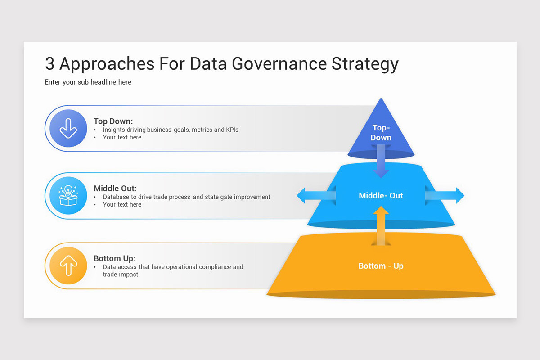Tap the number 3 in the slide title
[49, 64]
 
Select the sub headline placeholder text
[88, 82]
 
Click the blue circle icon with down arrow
[68, 128]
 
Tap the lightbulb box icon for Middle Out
[68, 196]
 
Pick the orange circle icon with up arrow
[68, 266]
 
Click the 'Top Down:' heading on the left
[113, 121]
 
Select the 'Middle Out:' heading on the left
[115, 189]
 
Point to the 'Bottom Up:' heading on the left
[114, 258]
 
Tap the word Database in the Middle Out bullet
[117, 197]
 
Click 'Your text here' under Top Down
[122, 137]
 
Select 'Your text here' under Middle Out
[122, 204]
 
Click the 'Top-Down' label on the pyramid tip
[381, 133]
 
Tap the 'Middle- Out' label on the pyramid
[381, 196]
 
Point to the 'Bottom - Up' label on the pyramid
[381, 266]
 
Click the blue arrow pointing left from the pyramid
[315, 196]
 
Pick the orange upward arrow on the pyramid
[381, 225]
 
